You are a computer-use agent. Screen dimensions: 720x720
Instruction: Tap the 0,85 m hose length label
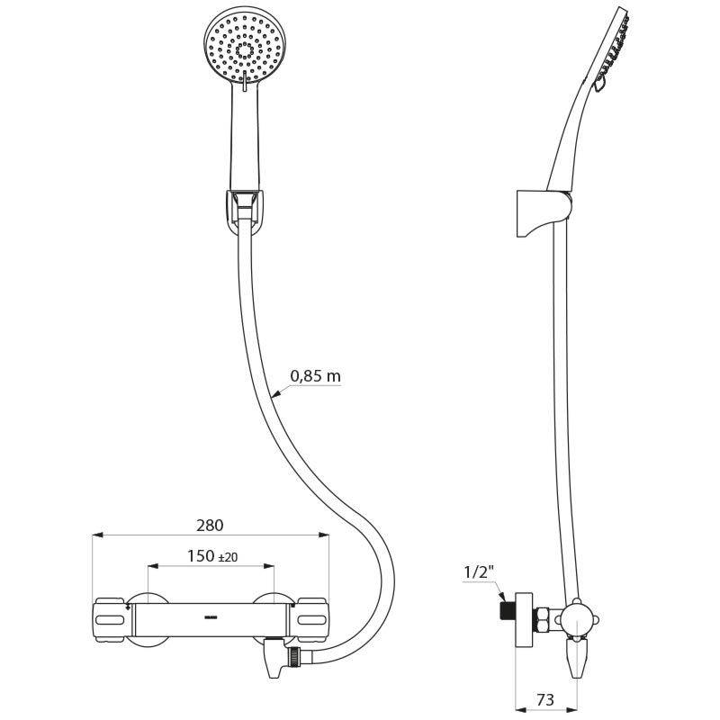[315, 377]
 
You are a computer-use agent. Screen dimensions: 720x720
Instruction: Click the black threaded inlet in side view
[503, 609]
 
